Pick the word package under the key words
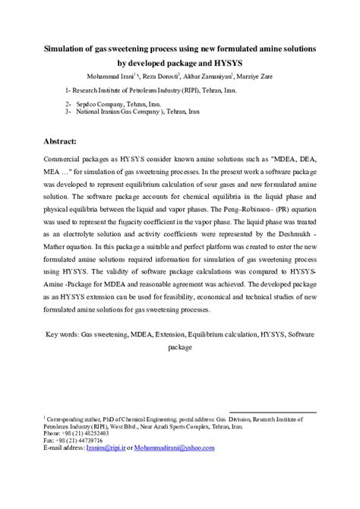tap(180, 348)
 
